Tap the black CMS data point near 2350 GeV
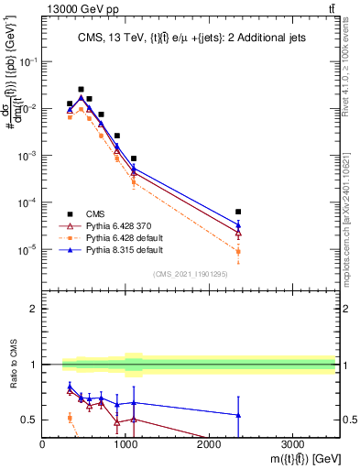coord(238,212)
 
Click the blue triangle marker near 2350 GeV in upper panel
coord(238,224)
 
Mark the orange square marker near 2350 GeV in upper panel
coord(238,251)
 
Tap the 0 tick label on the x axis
coord(43,445)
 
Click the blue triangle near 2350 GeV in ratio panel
coord(238,415)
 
